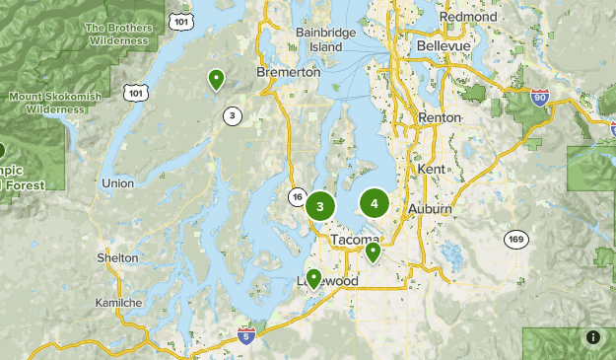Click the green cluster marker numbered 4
click(374, 204)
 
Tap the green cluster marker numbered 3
click(319, 206)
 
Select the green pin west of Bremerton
click(216, 80)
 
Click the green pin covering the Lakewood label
click(313, 278)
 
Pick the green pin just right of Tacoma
click(373, 252)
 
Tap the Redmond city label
click(468, 18)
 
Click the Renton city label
click(440, 117)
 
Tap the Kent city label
click(432, 170)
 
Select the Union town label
click(117, 183)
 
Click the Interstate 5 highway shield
click(246, 335)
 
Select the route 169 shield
click(515, 240)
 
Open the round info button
click(592, 337)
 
